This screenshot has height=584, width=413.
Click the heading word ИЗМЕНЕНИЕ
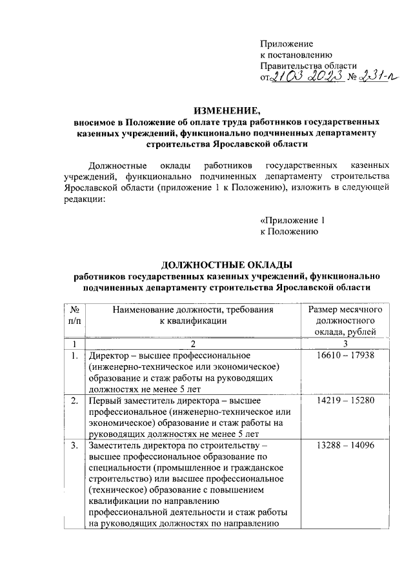pyautogui.click(x=221, y=108)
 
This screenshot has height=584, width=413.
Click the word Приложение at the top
pyautogui.click(x=286, y=43)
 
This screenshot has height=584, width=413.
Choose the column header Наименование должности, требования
pyautogui.click(x=193, y=310)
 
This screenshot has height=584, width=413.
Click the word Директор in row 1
pyautogui.click(x=108, y=356)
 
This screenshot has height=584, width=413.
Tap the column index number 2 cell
pyautogui.click(x=193, y=343)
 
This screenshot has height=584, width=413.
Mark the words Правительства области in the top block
pyautogui.click(x=308, y=66)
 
